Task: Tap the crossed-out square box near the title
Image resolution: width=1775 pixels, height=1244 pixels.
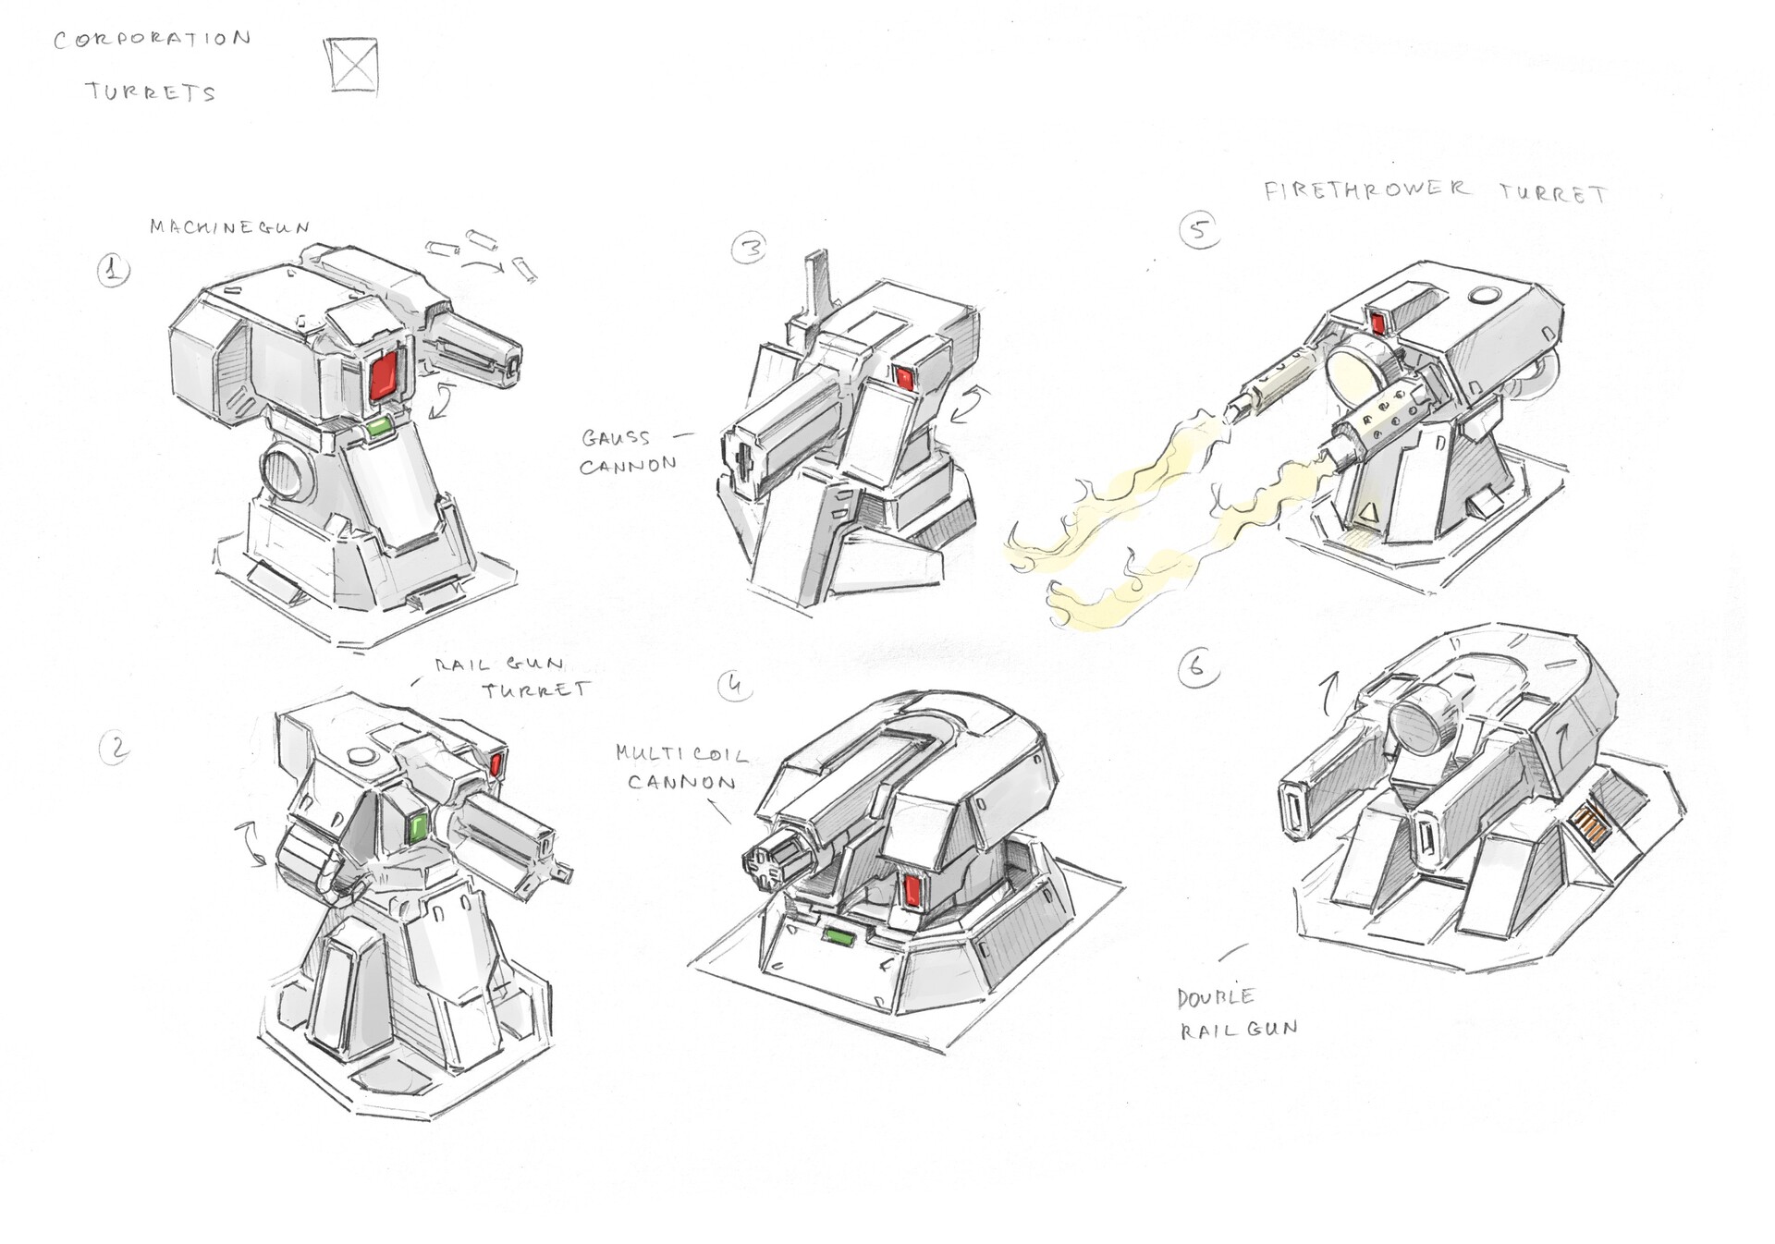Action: [354, 66]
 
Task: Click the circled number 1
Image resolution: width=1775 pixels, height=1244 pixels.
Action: [114, 271]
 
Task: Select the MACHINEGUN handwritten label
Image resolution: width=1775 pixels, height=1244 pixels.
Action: [229, 227]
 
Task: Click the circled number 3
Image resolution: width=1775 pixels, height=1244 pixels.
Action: [749, 248]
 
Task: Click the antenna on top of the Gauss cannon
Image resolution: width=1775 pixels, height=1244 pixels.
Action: [817, 282]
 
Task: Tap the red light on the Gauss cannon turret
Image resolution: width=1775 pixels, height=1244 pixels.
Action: [904, 377]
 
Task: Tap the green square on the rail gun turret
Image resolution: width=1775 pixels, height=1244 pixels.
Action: [418, 828]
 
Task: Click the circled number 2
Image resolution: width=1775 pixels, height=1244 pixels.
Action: [116, 748]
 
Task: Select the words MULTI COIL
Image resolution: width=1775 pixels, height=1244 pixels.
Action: [681, 753]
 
